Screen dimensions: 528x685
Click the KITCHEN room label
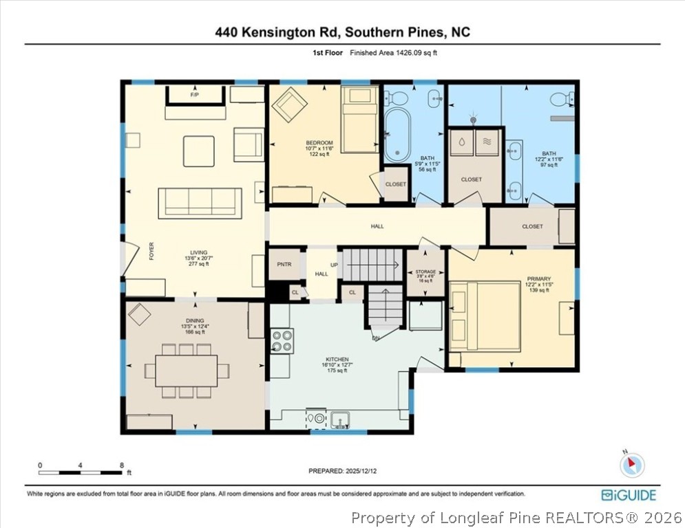click(x=337, y=360)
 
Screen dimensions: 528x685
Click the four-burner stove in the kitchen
click(x=282, y=340)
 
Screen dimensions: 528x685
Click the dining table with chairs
click(x=187, y=371)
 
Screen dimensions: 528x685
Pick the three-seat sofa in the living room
click(x=200, y=201)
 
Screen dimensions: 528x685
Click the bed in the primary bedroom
click(x=485, y=316)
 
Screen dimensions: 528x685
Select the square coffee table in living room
click(x=198, y=151)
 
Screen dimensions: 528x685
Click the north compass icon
click(x=631, y=465)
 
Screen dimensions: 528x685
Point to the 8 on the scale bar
click(x=122, y=465)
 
